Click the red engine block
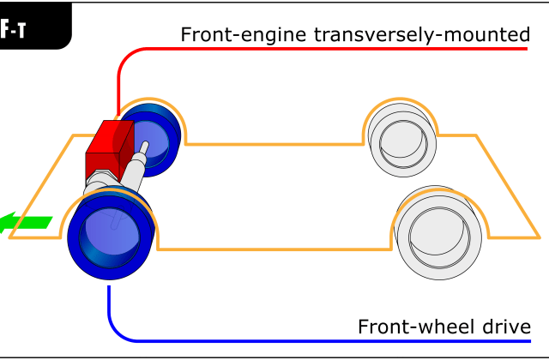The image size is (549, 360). [x=108, y=148]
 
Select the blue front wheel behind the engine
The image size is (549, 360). [x=156, y=137]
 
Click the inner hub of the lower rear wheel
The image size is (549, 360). [x=438, y=232]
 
